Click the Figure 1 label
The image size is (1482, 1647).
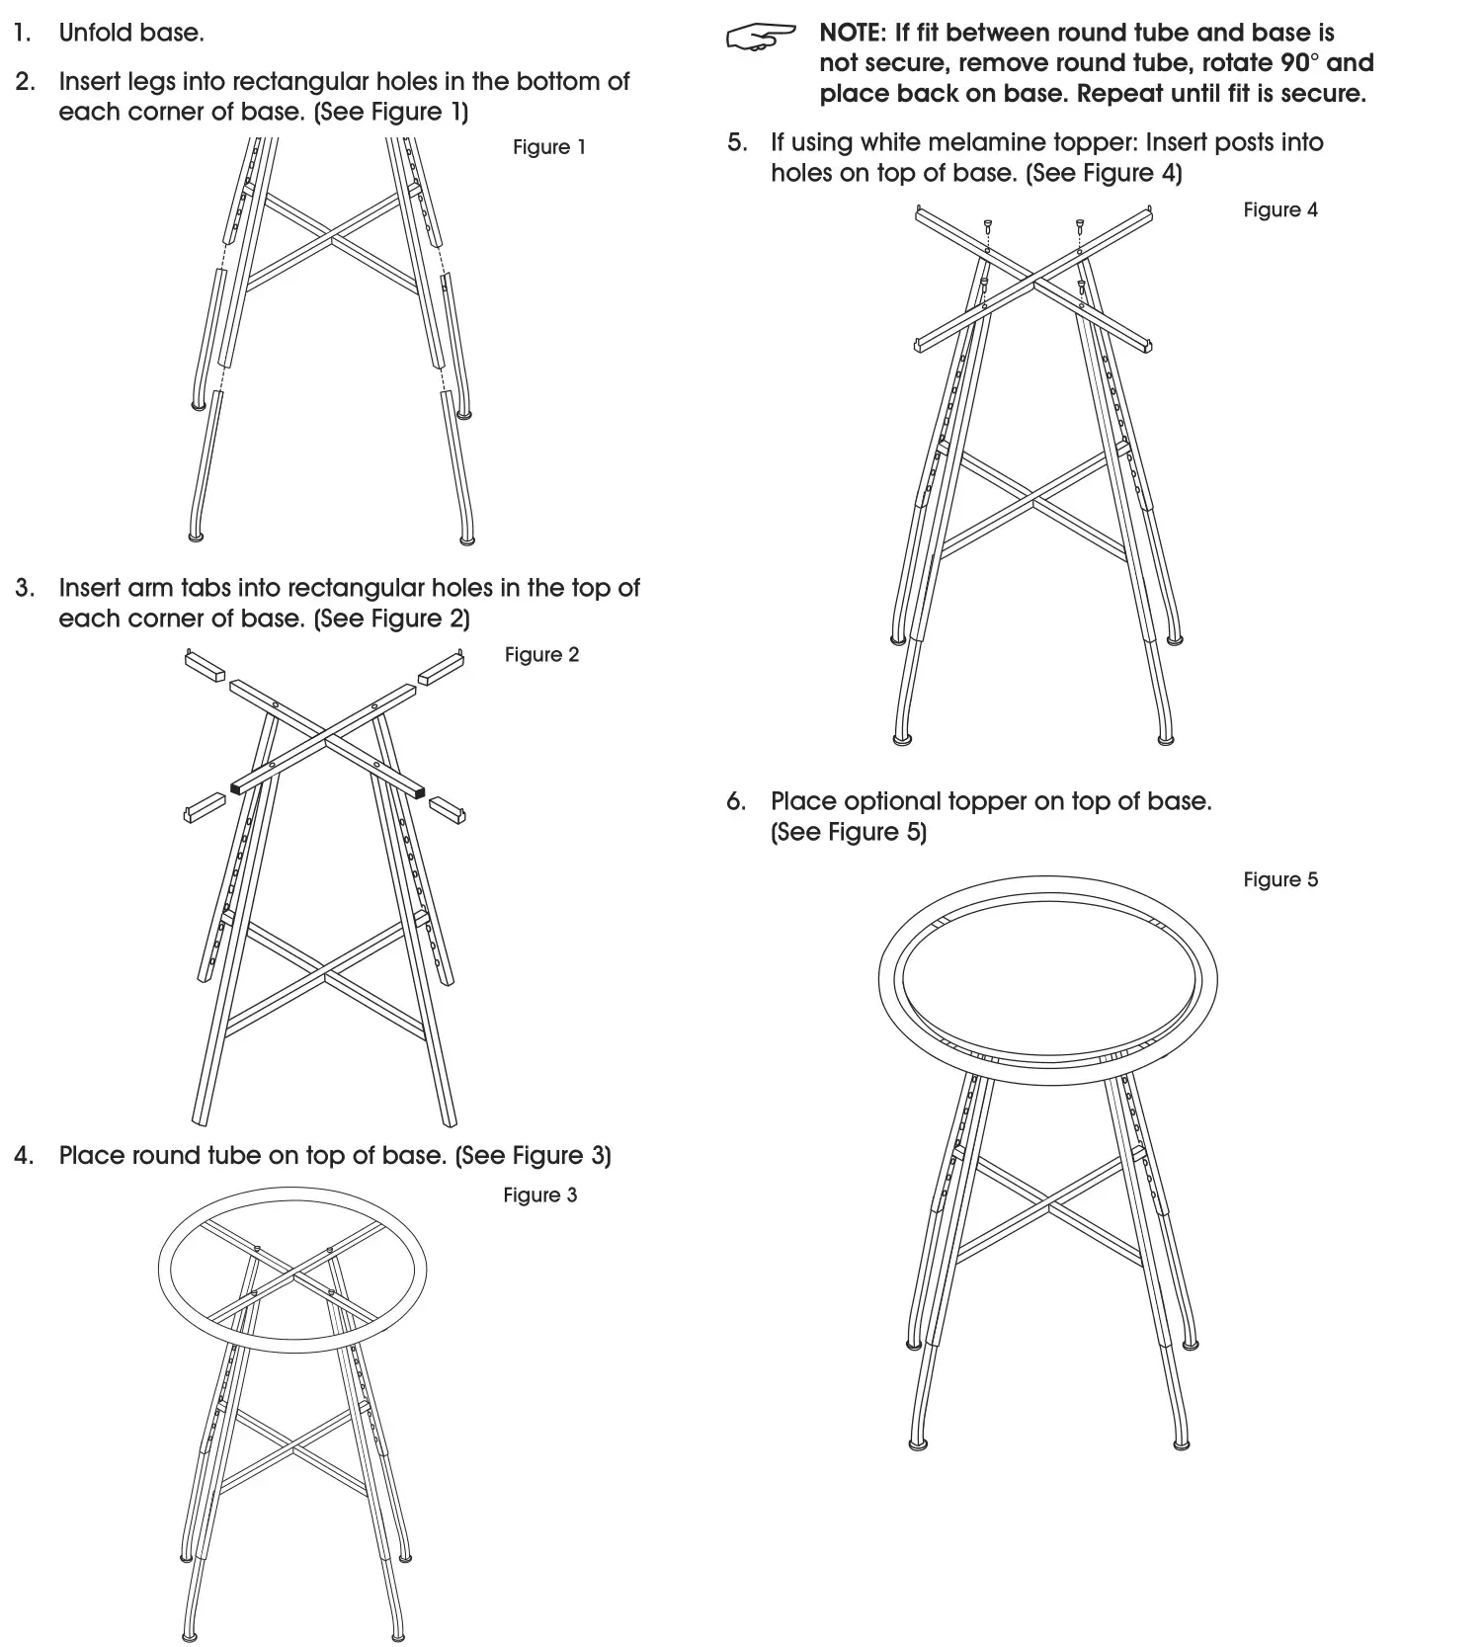coord(548,147)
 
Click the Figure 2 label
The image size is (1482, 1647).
coord(541,655)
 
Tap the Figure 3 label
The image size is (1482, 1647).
coord(539,1195)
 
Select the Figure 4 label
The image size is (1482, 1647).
coord(1279,210)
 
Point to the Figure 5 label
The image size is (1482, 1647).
coord(1279,880)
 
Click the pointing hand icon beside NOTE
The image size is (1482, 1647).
coord(760,38)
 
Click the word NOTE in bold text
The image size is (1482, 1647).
coord(851,34)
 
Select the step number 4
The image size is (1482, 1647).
coord(24,1156)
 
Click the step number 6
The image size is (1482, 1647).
coord(736,801)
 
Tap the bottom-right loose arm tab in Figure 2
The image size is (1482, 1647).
coord(448,809)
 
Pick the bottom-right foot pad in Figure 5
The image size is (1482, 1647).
coord(1181,1443)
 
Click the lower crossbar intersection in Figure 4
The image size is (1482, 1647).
coord(1033,503)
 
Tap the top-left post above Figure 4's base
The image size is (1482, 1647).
coord(987,227)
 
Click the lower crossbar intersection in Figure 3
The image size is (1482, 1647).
coord(292,1450)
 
